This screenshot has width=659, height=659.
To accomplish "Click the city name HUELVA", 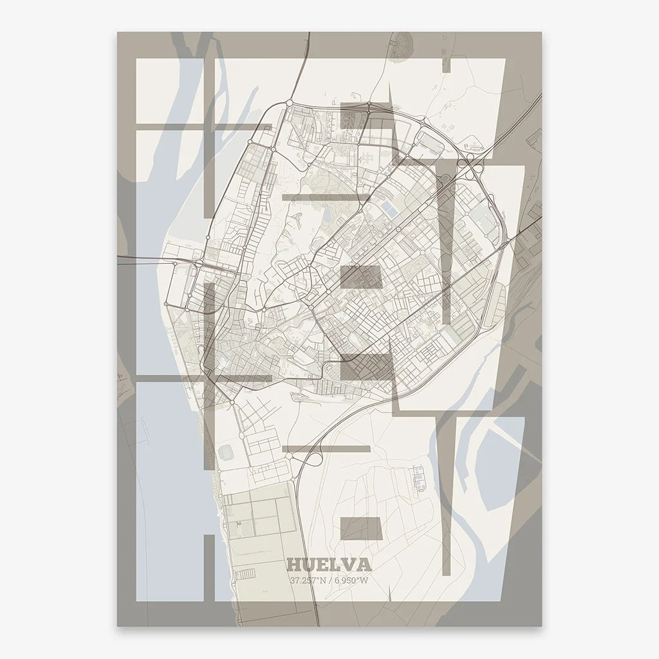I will pos(329,565).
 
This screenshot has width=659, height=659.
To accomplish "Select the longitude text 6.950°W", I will pos(351,580).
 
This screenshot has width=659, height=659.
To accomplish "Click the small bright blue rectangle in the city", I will pos(389,209).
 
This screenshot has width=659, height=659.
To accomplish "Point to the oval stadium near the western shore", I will pos(226,454).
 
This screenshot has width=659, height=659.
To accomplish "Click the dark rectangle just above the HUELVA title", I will pos(361,528).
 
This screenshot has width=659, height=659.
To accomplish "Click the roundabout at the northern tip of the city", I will pos(290,102).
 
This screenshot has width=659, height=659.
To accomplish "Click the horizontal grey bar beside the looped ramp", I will pos(326,449).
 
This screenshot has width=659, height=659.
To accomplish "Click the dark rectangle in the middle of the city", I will pos(361,276).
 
